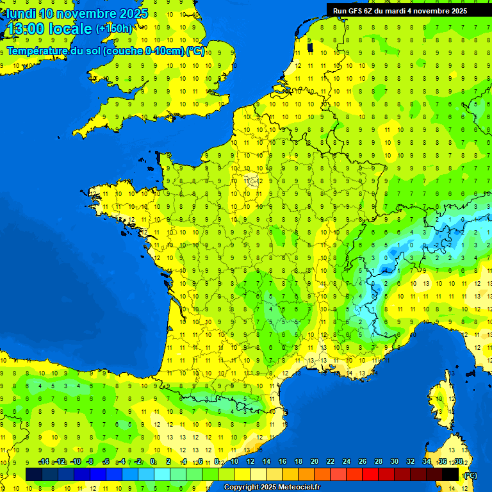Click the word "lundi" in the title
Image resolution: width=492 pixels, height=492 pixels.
pos(21,13)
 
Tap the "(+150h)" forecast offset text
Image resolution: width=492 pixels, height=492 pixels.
pos(114,29)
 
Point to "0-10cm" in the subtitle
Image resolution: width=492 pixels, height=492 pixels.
pos(165,51)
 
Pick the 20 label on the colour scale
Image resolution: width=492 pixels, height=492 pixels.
pos(315,461)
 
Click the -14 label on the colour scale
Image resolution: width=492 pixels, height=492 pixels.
pos(44,461)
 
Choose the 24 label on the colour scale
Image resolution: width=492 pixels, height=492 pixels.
pos(347,461)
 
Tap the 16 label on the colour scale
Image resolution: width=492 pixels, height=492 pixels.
pos(283,461)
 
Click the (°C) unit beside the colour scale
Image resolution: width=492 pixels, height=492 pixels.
pos(470,475)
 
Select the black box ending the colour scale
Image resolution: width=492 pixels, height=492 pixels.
pos(451,474)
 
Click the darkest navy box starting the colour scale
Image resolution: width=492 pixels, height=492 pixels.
pos(34,474)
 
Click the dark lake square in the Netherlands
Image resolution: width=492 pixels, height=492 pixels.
pos(311,46)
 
